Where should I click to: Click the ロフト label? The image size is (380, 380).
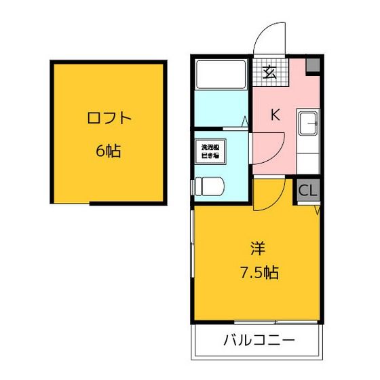(x=109, y=118)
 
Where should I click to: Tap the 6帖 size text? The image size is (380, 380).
(x=109, y=151)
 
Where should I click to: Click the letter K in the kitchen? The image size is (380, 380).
(x=275, y=115)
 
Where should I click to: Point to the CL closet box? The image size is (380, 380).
(x=307, y=191)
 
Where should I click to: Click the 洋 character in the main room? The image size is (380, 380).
(x=256, y=248)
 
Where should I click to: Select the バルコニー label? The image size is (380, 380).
(x=259, y=340)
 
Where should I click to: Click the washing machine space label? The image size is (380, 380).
(x=206, y=151)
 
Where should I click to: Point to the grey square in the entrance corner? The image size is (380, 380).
(x=313, y=66)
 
